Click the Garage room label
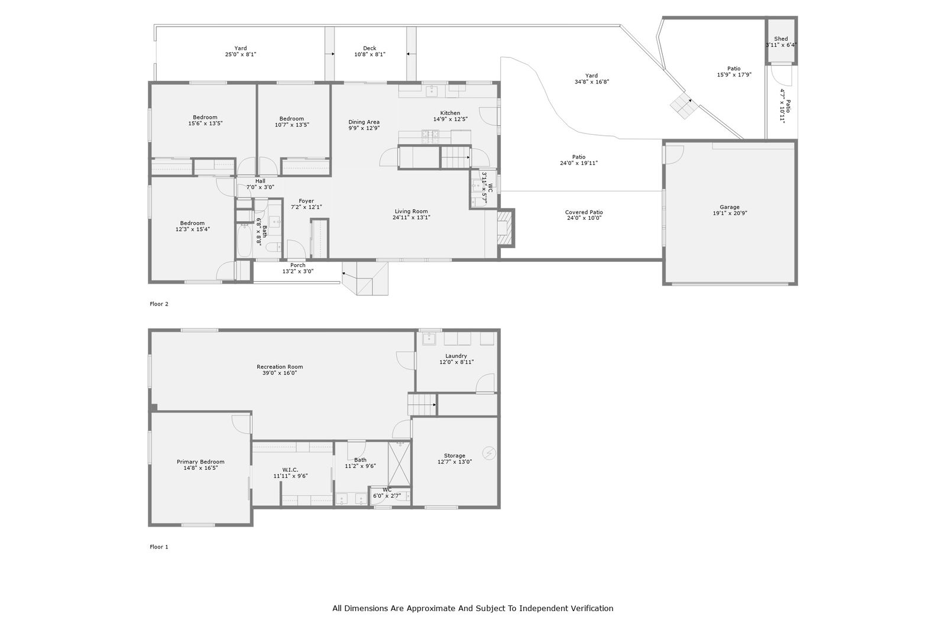pyautogui.click(x=730, y=207)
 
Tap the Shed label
pyautogui.click(x=781, y=39)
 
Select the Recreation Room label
pyautogui.click(x=280, y=367)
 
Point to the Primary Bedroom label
pyautogui.click(x=200, y=462)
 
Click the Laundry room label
pyautogui.click(x=456, y=356)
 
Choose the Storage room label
pyautogui.click(x=455, y=456)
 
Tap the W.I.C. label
pyautogui.click(x=290, y=470)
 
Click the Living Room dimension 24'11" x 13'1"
pyautogui.click(x=412, y=217)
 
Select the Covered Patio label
pyautogui.click(x=584, y=212)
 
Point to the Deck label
pyautogui.click(x=370, y=48)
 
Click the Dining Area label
pyautogui.click(x=364, y=122)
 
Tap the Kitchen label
pyautogui.click(x=450, y=113)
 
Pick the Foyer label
pyautogui.click(x=306, y=202)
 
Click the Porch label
pyautogui.click(x=298, y=265)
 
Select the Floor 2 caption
pyautogui.click(x=159, y=304)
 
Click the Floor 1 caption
pyautogui.click(x=159, y=547)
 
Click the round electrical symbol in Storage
pyautogui.click(x=489, y=453)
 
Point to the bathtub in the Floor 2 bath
pyautogui.click(x=245, y=241)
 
